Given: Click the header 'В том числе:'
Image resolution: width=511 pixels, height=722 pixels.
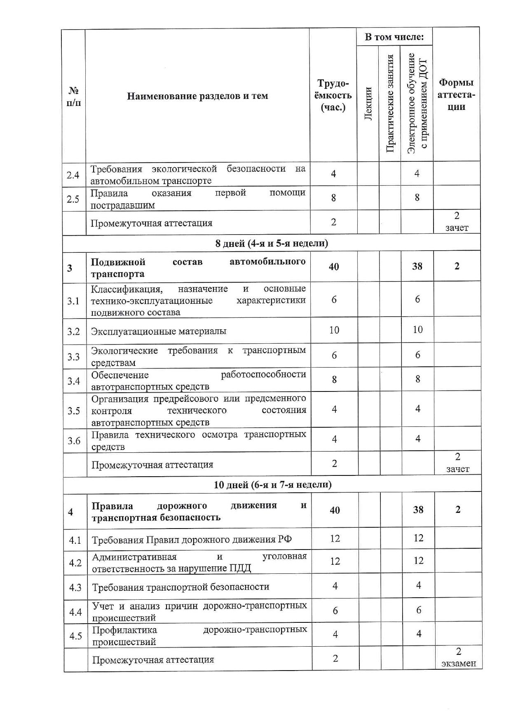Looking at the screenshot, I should pyautogui.click(x=394, y=37).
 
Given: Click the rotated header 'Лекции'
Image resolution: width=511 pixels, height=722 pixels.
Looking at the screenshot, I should pyautogui.click(x=368, y=104).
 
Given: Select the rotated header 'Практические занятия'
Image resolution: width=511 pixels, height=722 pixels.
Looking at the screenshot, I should pyautogui.click(x=390, y=104).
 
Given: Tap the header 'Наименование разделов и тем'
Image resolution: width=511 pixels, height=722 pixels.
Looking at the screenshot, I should pyautogui.click(x=197, y=96).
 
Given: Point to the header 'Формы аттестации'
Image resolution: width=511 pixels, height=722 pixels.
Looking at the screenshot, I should pyautogui.click(x=456, y=95).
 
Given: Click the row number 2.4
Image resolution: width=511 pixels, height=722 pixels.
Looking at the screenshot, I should pyautogui.click(x=73, y=175).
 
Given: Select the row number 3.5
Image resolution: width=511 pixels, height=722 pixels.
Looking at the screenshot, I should pyautogui.click(x=74, y=410).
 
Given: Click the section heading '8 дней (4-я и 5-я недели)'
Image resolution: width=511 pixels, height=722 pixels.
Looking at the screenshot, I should pyautogui.click(x=272, y=243).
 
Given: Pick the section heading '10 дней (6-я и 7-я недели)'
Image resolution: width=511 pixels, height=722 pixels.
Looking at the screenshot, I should pyautogui.click(x=272, y=484).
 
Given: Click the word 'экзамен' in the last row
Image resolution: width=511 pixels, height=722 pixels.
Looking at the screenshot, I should pyautogui.click(x=458, y=664).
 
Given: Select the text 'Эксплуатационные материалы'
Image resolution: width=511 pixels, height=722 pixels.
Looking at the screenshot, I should pyautogui.click(x=159, y=331).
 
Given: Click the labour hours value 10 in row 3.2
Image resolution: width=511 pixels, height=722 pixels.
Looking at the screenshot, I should pyautogui.click(x=334, y=330).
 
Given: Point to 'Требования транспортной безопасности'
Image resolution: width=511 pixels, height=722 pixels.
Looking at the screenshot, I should pyautogui.click(x=180, y=587).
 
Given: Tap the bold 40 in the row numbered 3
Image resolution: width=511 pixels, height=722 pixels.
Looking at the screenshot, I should pyautogui.click(x=334, y=267).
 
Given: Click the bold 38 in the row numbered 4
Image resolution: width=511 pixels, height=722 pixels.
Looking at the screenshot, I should pyautogui.click(x=418, y=510).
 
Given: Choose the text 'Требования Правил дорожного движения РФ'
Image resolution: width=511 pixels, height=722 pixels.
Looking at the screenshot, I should pyautogui.click(x=192, y=540).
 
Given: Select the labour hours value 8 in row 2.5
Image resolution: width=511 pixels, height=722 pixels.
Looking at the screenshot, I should pyautogui.click(x=333, y=198).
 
